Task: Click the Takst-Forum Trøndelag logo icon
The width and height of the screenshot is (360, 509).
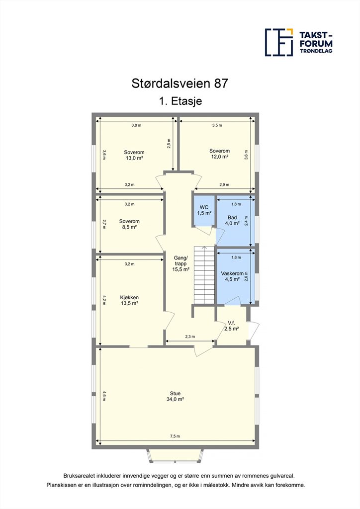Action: tap(279, 42)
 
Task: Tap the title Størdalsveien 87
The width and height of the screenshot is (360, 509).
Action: tap(180, 84)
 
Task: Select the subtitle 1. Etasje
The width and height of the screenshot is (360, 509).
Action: tap(180, 101)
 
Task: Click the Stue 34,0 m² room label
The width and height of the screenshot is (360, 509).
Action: tap(176, 396)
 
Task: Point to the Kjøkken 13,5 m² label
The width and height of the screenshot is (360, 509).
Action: tap(129, 300)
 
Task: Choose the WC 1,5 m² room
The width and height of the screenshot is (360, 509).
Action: tap(204, 210)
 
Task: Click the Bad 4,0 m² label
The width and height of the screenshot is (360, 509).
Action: tap(232, 220)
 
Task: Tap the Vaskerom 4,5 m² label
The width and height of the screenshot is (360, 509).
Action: tap(232, 276)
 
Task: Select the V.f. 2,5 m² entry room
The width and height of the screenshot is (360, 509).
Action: tap(231, 326)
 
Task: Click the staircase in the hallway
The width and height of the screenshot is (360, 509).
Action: tap(204, 275)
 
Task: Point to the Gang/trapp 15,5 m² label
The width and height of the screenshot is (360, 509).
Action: tap(180, 263)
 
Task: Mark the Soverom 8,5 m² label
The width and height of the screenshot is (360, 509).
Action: tap(129, 224)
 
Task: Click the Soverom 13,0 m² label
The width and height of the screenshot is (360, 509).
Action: tap(134, 155)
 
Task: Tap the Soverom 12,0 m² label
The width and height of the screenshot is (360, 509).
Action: tap(219, 154)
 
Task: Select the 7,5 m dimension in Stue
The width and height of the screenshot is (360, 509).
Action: tap(175, 436)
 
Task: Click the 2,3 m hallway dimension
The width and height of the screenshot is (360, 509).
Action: tap(190, 337)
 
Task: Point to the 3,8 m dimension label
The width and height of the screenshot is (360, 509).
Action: tap(136, 125)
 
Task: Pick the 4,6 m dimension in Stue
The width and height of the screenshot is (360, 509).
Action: tap(104, 396)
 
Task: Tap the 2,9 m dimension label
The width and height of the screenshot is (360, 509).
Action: tap(224, 185)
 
